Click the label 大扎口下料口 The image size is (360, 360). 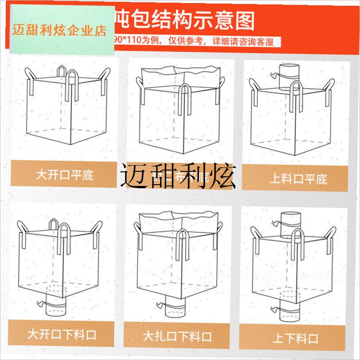click(x=177, y=337)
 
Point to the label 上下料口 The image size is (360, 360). click(x=295, y=339)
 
